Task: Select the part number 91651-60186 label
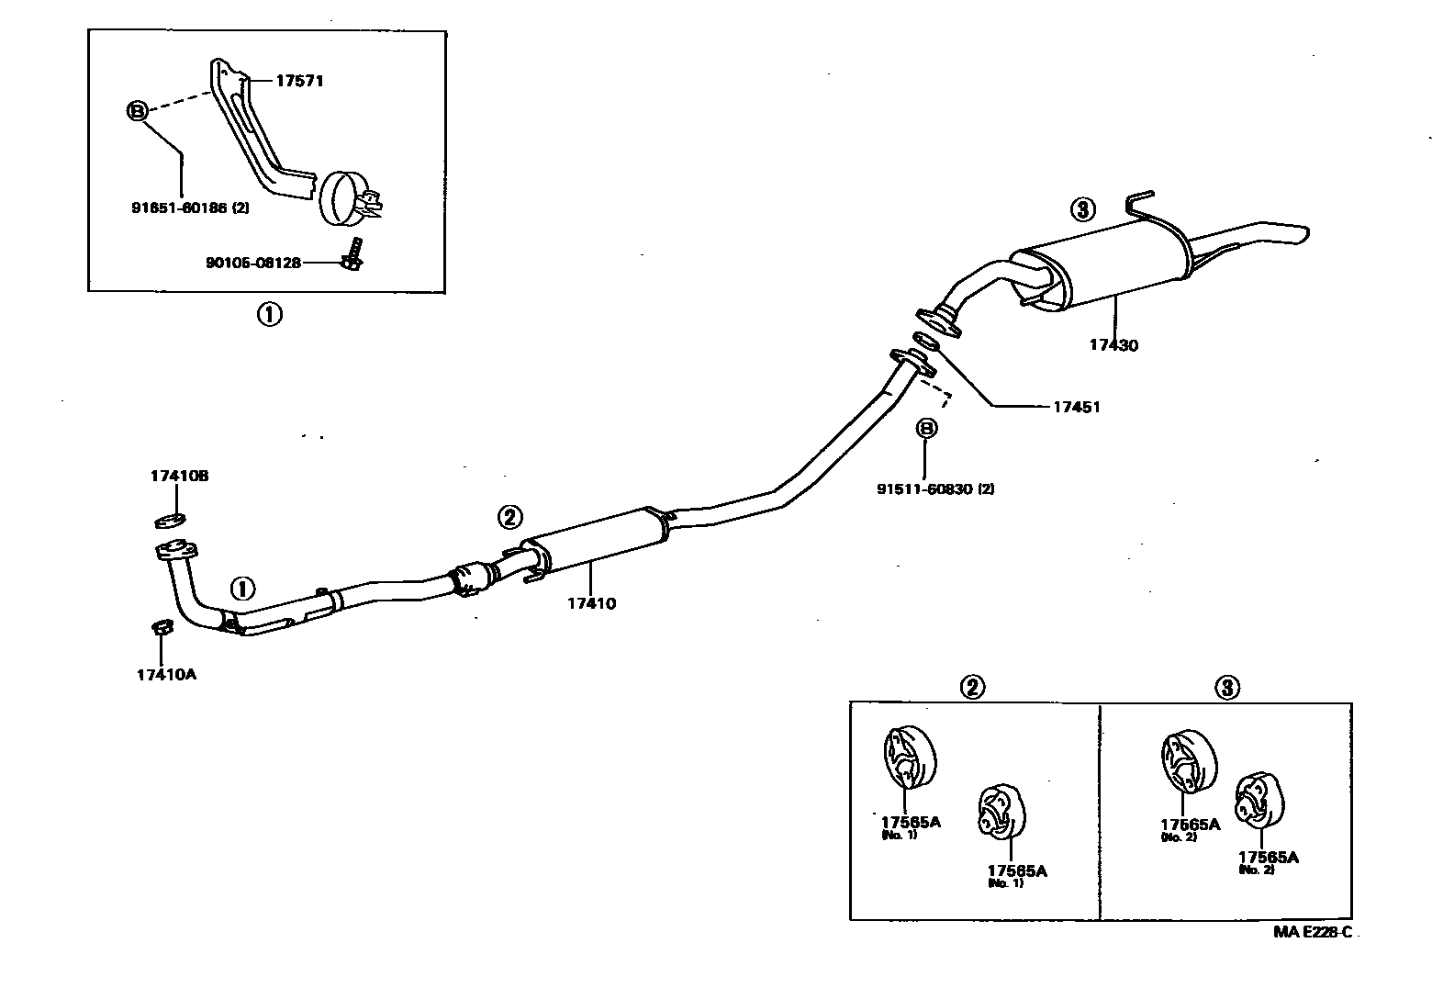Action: point(189,208)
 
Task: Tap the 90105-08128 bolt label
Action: point(252,263)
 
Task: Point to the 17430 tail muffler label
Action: point(1113,345)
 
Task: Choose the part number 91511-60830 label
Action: point(934,489)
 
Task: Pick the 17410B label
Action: point(180,476)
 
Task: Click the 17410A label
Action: point(166,674)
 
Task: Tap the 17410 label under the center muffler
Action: point(591,603)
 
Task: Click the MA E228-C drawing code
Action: point(1313,932)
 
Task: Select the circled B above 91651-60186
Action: point(137,111)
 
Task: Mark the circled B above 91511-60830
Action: point(925,428)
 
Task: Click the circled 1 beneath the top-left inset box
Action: point(268,315)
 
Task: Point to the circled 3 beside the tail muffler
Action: point(1083,209)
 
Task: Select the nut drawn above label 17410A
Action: point(161,627)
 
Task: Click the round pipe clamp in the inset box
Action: point(341,196)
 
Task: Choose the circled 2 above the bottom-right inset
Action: point(972,686)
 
